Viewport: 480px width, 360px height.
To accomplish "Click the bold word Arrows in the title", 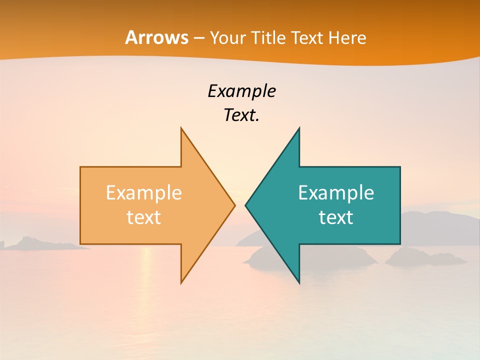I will pos(156,37).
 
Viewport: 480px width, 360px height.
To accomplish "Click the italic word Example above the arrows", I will pos(241,91).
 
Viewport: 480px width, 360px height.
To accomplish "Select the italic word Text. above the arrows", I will pos(241,115).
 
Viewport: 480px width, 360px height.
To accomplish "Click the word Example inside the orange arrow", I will pos(143,192).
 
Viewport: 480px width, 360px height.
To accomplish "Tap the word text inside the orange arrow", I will pos(143,217).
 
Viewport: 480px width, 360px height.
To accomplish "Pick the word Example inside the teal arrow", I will pos(336,192).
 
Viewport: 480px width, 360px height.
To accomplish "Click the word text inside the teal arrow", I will pos(336,217).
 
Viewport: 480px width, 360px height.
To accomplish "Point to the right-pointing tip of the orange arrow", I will pos(234,205).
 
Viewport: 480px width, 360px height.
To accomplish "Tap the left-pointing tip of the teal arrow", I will pos(246,205).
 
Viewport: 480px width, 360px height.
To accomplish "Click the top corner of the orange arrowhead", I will pos(181,129).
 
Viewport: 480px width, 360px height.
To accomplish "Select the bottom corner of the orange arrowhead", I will pos(181,282).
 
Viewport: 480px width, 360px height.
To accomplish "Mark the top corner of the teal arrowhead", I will pos(299,129).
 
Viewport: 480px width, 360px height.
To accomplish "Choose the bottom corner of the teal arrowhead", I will pos(299,282).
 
